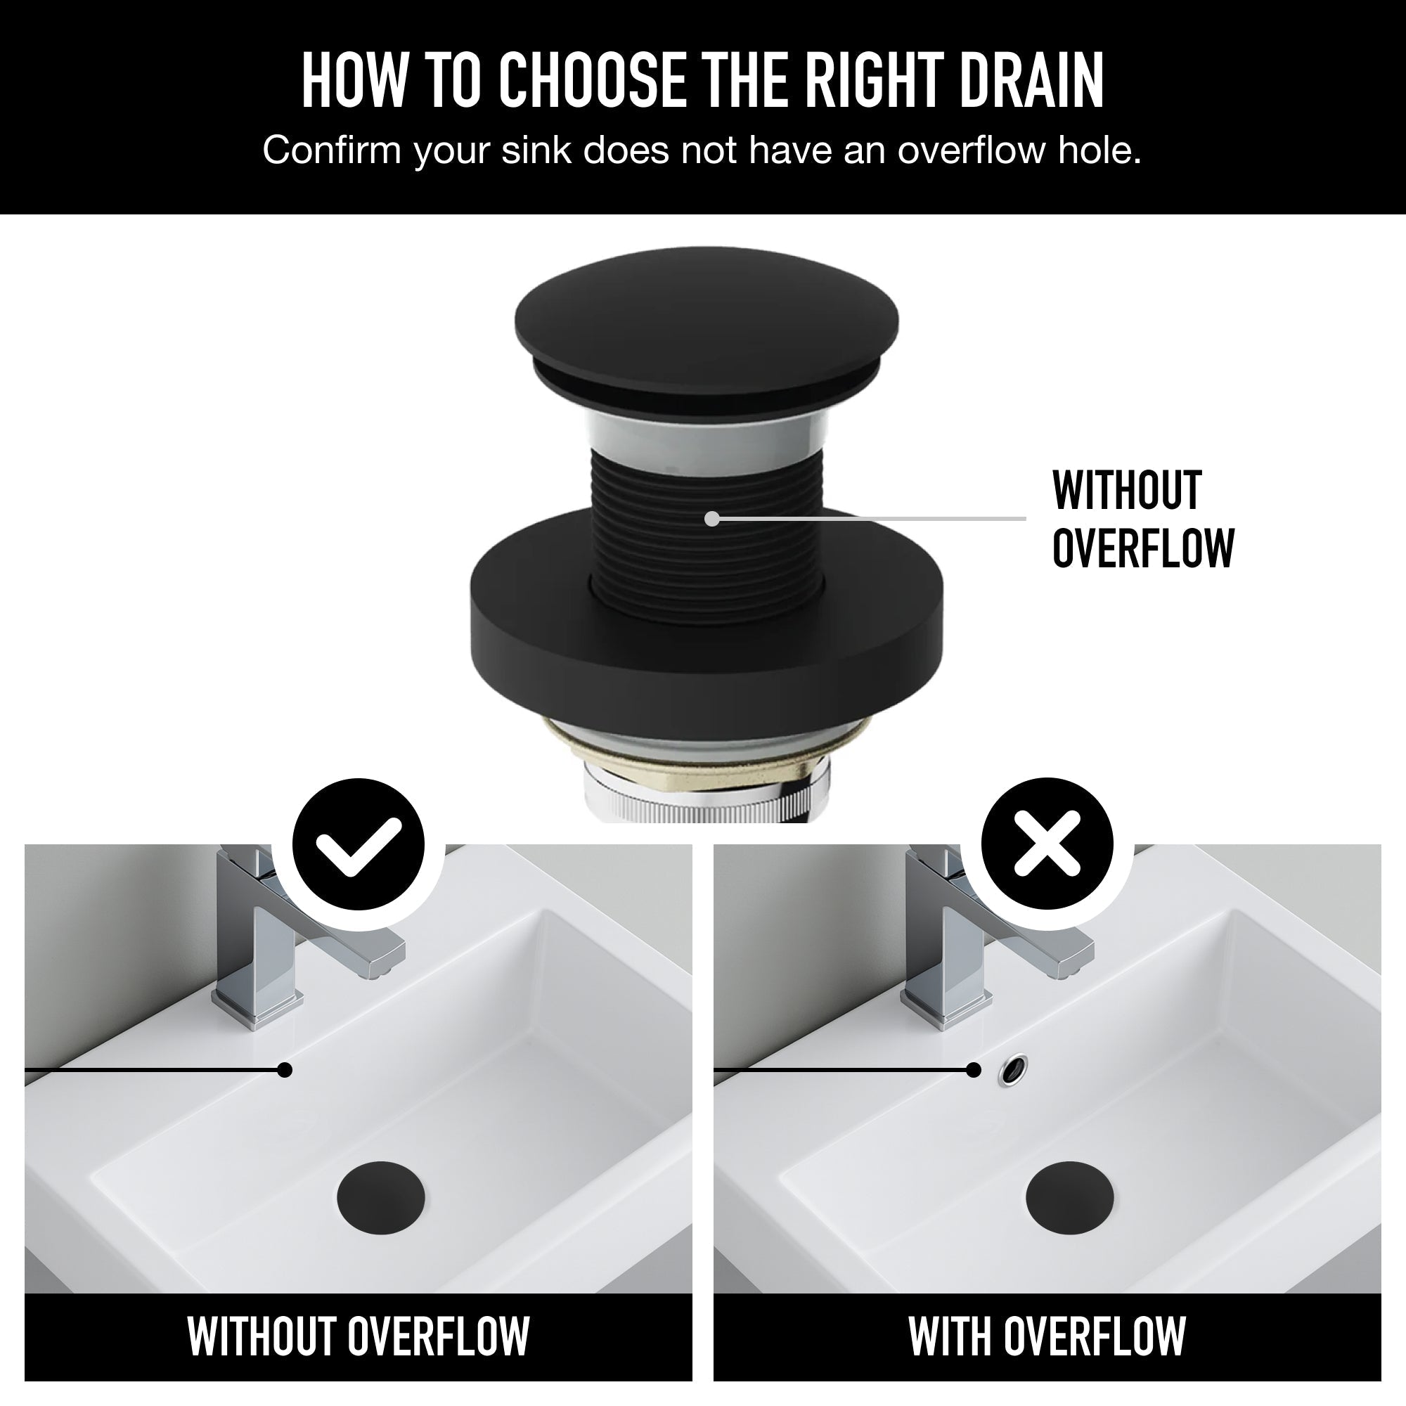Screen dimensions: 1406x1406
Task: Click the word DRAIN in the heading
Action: coord(1032,79)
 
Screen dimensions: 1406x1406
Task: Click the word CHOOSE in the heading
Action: coord(592,79)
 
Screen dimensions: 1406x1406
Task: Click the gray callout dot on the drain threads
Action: coord(712,519)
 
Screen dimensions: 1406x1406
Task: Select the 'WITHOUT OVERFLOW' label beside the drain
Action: coord(1143,518)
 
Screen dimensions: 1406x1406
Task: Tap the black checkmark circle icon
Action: coord(358,844)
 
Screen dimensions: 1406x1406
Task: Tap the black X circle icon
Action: coord(1047,844)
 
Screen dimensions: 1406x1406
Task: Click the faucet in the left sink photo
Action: coord(298,939)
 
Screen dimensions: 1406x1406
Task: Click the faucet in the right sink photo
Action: coord(988,939)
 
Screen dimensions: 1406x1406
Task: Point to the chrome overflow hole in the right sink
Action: coord(1014,1070)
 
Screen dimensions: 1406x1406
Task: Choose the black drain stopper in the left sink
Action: coord(381,1197)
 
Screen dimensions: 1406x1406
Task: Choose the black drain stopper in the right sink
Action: coord(1070,1197)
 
